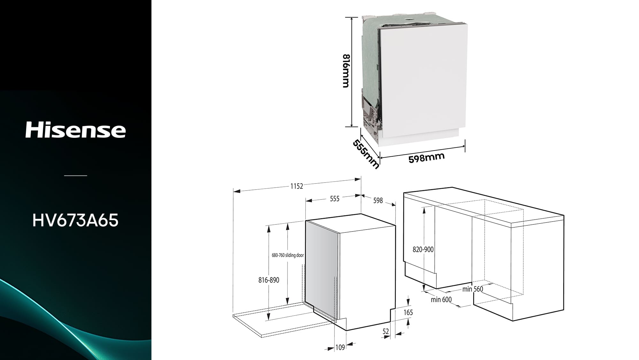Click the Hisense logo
(x=75, y=129)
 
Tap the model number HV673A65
(x=75, y=220)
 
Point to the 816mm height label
(x=346, y=71)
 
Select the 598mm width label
(x=427, y=158)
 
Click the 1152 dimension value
(x=296, y=186)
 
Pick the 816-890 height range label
(x=269, y=280)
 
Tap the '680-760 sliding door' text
(x=288, y=255)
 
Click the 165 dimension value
(x=408, y=312)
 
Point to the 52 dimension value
(x=386, y=332)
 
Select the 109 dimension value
(x=340, y=347)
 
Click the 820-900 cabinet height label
(x=423, y=249)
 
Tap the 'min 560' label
(x=473, y=289)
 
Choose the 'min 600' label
(x=441, y=300)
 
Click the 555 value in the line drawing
(x=335, y=199)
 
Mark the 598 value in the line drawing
(x=378, y=200)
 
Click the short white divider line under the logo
(x=75, y=176)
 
